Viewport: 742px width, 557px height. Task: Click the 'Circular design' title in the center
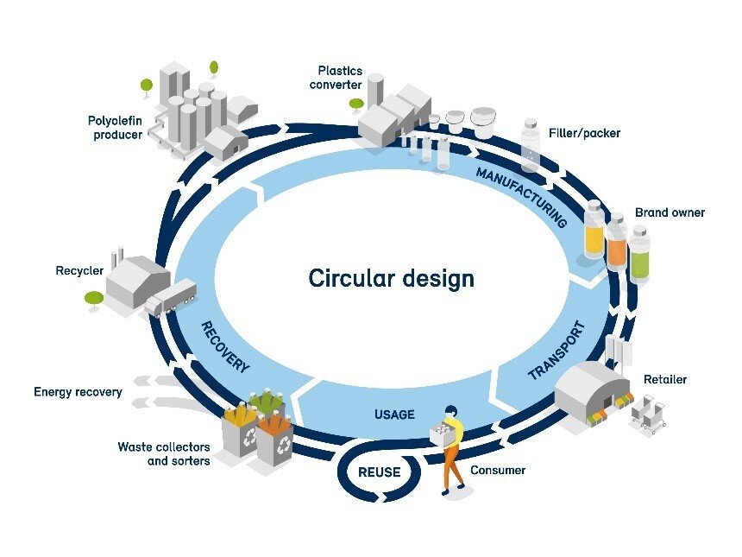(x=391, y=279)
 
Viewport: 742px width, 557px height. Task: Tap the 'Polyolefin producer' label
(x=115, y=127)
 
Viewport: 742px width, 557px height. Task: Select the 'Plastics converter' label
(x=340, y=79)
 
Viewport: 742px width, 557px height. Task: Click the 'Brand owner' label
(x=670, y=212)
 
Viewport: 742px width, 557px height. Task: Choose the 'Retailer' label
(x=665, y=379)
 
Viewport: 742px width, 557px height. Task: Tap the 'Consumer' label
(x=498, y=471)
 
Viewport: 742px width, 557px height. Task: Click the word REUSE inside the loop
(x=380, y=472)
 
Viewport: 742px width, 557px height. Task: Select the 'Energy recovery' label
(x=78, y=392)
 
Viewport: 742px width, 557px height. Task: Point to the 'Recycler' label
(x=79, y=271)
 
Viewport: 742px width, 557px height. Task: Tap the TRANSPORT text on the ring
(x=556, y=351)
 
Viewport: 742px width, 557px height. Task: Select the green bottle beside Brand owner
(x=638, y=255)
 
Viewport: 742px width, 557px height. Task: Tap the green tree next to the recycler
(x=94, y=299)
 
